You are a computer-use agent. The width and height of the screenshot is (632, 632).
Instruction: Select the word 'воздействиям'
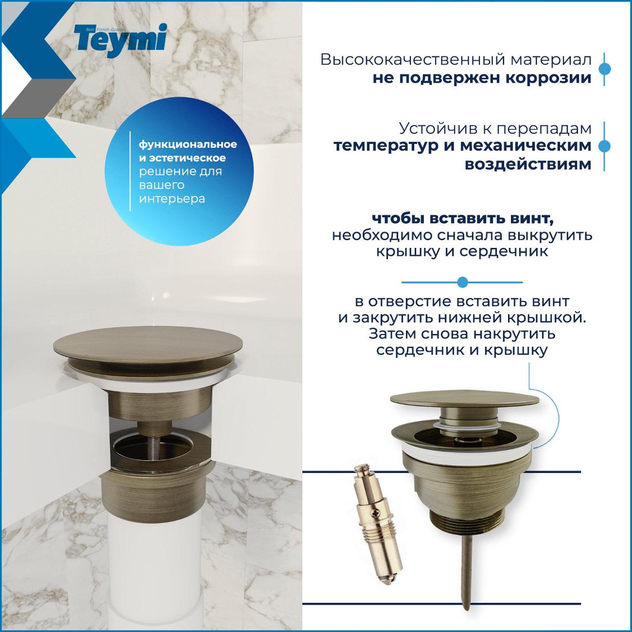(528, 164)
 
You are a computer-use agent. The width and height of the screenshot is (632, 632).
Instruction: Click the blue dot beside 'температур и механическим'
(604, 146)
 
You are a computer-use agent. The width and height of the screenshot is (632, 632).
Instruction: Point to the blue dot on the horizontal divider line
(462, 282)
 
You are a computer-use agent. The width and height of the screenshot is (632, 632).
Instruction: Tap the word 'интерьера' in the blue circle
(172, 199)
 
